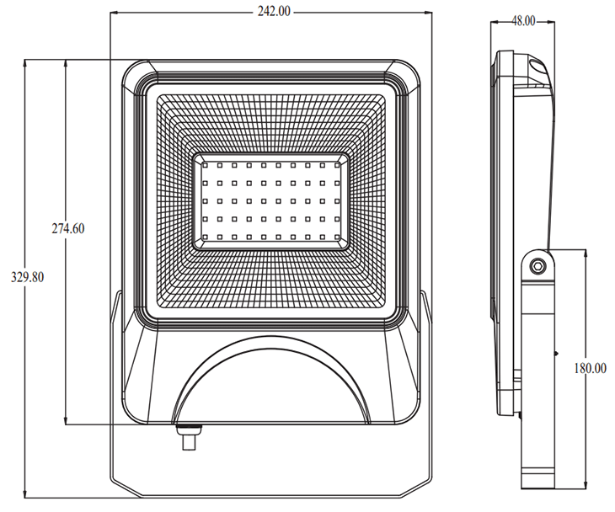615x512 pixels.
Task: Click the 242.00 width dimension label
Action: tap(274, 12)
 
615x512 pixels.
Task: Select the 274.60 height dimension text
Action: tap(68, 228)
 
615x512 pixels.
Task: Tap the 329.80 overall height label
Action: tap(28, 278)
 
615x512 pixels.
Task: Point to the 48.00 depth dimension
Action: tap(523, 21)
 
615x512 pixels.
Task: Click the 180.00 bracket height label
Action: tap(591, 368)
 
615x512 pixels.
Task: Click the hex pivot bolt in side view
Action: tap(537, 267)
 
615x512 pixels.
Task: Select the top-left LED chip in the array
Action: tap(205, 165)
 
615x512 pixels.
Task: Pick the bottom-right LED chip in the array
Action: tap(337, 237)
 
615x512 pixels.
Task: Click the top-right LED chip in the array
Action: tap(337, 165)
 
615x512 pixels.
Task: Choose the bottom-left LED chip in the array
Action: tap(205, 237)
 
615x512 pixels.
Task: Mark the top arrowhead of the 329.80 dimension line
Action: tap(25, 62)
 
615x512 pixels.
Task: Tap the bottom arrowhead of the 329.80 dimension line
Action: tap(25, 494)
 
